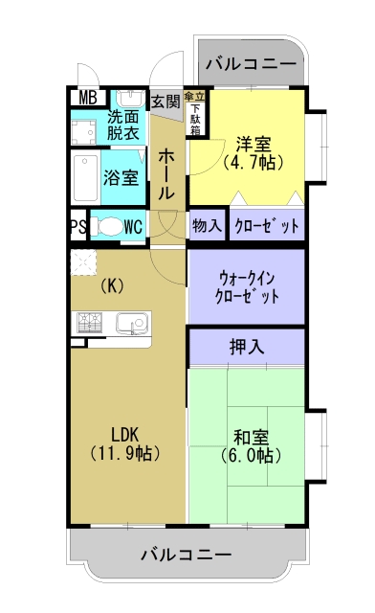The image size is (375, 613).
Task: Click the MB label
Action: tap(87, 97)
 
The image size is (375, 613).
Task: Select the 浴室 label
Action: tap(121, 177)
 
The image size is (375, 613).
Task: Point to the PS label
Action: tap(77, 227)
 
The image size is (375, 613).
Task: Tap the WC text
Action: tap(133, 227)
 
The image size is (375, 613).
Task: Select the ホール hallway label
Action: tap(165, 172)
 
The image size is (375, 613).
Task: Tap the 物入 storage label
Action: tap(206, 227)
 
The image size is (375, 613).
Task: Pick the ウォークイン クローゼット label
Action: tap(248, 286)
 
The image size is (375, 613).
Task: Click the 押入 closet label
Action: tap(247, 346)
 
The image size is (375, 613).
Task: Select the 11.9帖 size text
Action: tap(124, 452)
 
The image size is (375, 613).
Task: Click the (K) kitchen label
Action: tap(113, 284)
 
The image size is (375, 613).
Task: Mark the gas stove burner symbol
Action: tap(89, 324)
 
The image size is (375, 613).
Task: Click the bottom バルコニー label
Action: tap(186, 554)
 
